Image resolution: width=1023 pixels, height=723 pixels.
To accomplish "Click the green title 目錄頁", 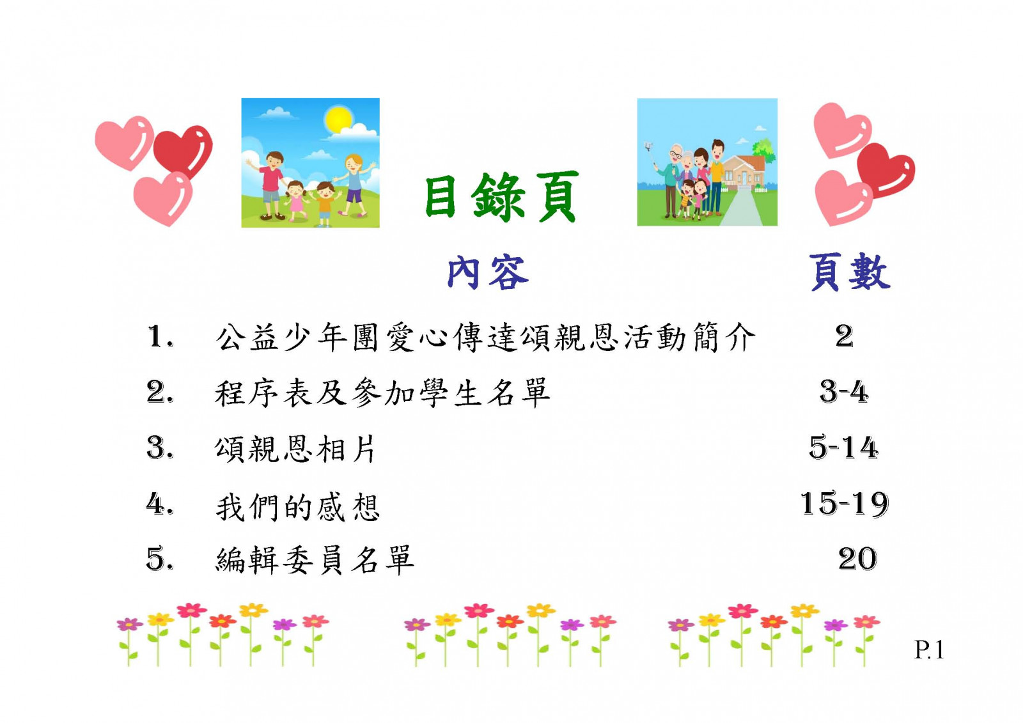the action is click(x=501, y=198).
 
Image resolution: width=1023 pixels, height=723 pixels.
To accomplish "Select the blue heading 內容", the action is click(x=488, y=273).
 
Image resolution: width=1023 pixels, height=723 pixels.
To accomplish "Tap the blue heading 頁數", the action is click(x=850, y=272).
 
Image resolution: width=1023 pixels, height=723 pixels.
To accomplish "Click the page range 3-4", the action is click(x=843, y=392).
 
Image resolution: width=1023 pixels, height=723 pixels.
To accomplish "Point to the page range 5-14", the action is click(x=843, y=447).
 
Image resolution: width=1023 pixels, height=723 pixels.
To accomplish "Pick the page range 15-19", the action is click(x=845, y=504).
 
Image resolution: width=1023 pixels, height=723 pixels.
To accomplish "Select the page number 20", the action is click(x=857, y=559).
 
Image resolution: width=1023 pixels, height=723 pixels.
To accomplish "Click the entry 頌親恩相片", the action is click(x=295, y=449).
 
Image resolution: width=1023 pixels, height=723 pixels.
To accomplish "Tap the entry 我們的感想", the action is click(x=297, y=507).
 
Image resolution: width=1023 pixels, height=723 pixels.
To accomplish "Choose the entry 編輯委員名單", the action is click(x=315, y=560).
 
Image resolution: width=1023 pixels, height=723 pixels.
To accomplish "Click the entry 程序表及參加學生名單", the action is click(x=382, y=393).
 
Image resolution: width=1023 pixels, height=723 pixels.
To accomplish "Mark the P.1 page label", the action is click(x=929, y=649).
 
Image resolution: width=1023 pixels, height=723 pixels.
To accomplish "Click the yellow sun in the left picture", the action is click(x=338, y=120).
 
